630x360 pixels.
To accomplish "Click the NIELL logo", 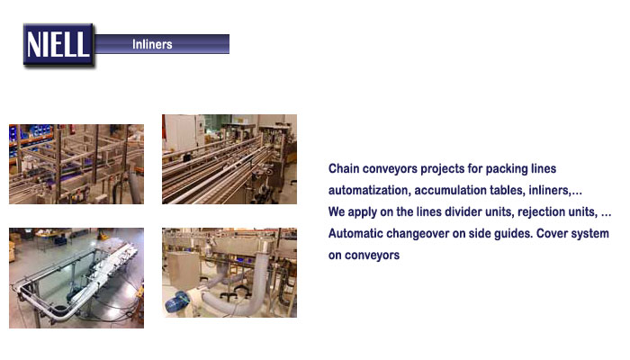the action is pos(58,45).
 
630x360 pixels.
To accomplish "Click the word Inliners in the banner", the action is pos(152,44).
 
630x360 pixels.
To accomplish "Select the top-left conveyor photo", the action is pos(76,164).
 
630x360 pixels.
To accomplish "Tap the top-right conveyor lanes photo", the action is pos(229,159).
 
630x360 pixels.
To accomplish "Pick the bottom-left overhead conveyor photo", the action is pos(76,278).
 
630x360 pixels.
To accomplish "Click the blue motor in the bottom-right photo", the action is pos(176,302).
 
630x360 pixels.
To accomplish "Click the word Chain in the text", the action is pos(344,168).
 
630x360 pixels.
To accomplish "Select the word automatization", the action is pos(370,190).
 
